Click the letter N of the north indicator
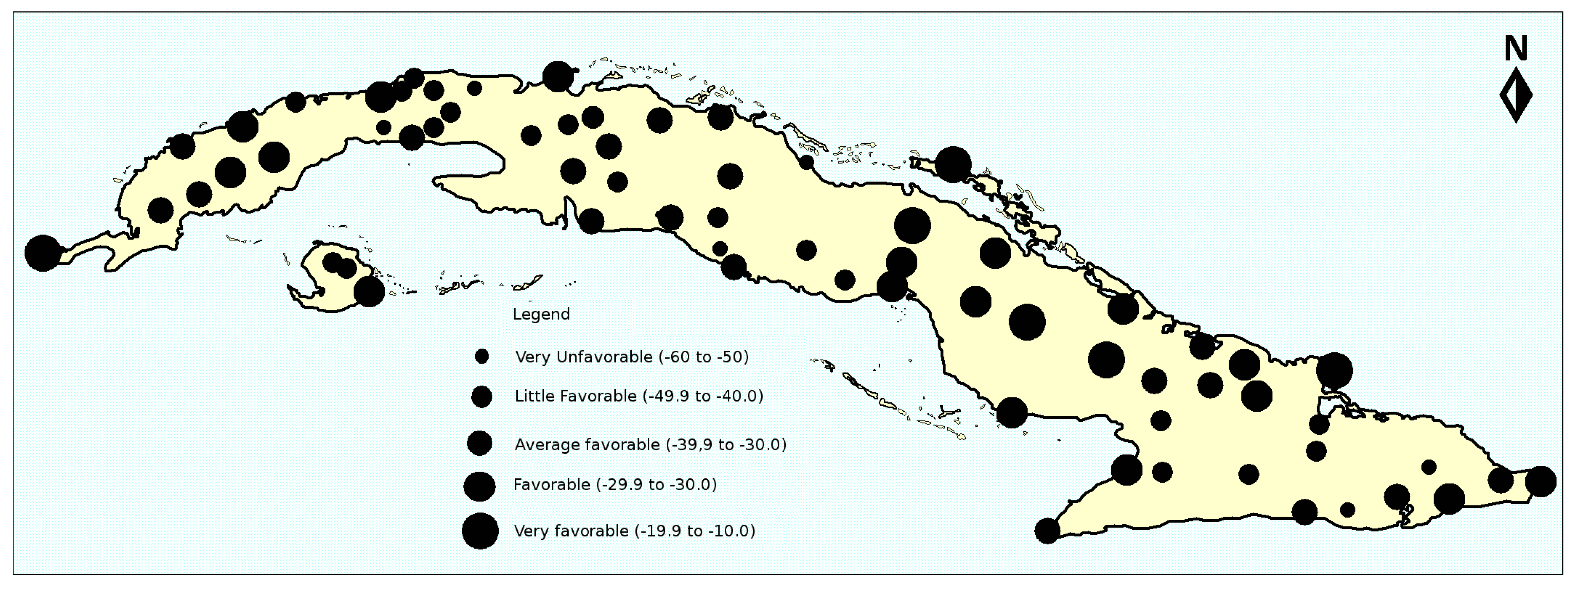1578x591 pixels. point(1516,48)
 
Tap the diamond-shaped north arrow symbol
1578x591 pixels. point(1516,96)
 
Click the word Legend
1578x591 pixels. point(541,314)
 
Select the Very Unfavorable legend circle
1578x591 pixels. point(481,356)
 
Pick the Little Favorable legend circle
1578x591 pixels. point(481,397)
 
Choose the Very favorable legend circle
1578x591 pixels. point(480,530)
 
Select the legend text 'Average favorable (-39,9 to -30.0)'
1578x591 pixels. point(650,444)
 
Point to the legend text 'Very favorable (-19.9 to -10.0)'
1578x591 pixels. point(634,531)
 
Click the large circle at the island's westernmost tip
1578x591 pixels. point(43,253)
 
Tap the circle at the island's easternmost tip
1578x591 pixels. point(1540,481)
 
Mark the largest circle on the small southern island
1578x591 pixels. point(369,292)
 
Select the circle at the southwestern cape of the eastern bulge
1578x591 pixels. point(1047,530)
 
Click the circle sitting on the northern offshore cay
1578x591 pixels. point(953,164)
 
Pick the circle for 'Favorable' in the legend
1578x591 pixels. point(480,486)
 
